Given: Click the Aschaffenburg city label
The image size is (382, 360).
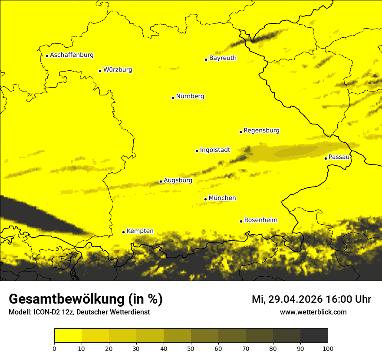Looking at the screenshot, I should (x=72, y=55).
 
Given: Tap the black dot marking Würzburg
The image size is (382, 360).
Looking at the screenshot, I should (x=100, y=71).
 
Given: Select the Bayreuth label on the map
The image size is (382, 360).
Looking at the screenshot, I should (x=223, y=58).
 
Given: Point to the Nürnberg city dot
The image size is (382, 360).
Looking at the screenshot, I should (x=173, y=98).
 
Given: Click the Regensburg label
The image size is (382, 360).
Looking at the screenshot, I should (x=261, y=131).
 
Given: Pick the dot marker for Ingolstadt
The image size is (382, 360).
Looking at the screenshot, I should (x=197, y=151).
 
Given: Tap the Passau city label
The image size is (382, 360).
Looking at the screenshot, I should (x=339, y=157).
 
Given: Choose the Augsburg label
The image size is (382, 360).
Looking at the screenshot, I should (x=178, y=180).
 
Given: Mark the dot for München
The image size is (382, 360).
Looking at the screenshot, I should (x=205, y=199).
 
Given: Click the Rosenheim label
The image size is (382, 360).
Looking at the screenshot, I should (x=260, y=220).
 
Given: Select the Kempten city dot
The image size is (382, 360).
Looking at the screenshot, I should (x=123, y=232).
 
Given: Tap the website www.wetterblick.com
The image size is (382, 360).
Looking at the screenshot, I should (x=313, y=312).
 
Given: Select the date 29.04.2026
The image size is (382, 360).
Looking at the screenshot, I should (x=299, y=299).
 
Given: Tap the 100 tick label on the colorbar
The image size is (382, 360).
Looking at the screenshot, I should (x=328, y=348).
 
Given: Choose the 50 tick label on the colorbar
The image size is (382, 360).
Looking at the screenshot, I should (x=191, y=348).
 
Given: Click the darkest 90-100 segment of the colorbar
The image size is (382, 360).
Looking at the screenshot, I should (x=314, y=336).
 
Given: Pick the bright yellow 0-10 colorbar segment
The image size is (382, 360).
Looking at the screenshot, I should (x=68, y=336).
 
